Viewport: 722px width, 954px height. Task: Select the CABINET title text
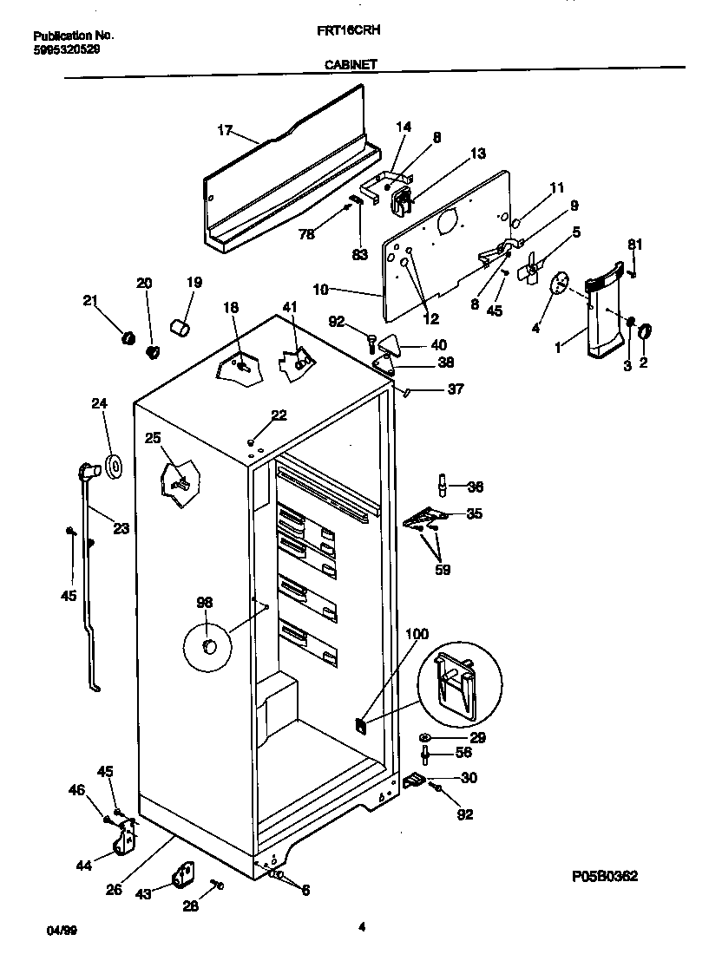[351, 63]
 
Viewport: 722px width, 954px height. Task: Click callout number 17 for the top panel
[225, 131]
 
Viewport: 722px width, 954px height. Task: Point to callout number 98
[205, 603]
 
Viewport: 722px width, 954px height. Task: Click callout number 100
[417, 635]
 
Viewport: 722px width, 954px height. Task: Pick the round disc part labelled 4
[561, 282]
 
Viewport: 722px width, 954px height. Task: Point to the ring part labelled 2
[646, 330]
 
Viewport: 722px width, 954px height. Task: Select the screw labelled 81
[633, 272]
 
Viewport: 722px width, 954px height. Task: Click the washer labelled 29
[426, 737]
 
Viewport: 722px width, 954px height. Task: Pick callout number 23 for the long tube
[121, 527]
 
